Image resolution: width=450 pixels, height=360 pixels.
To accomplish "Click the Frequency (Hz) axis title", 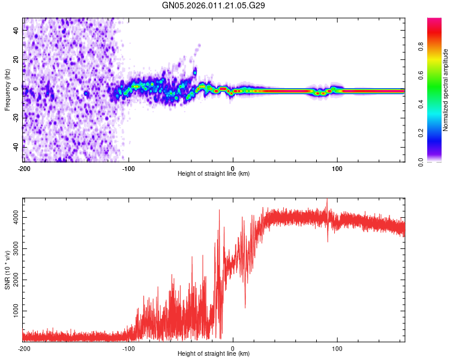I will pyautogui.click(x=7, y=90).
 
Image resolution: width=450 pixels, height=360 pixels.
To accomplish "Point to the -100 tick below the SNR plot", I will pyautogui.click(x=128, y=349).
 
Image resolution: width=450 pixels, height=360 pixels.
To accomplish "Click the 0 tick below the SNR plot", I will pyautogui.click(x=233, y=349).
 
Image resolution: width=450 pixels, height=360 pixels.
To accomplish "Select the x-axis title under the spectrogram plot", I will pyautogui.click(x=214, y=174).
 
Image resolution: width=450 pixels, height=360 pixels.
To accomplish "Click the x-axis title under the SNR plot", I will pyautogui.click(x=214, y=354).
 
